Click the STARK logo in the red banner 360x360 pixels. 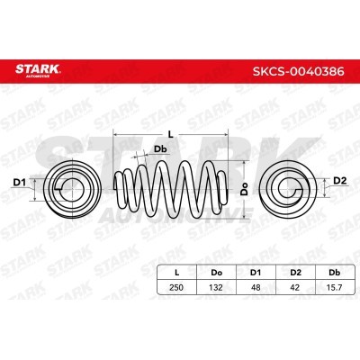click(38, 71)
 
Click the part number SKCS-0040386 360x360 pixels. click(298, 72)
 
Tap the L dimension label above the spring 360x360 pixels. click(171, 135)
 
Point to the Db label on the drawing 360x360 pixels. click(160, 149)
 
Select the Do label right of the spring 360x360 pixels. click(246, 189)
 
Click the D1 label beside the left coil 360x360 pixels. click(20, 182)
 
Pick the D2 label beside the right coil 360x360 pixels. click(340, 181)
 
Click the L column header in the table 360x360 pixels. click(177, 273)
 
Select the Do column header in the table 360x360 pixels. click(216, 273)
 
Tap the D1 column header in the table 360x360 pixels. click(256, 273)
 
